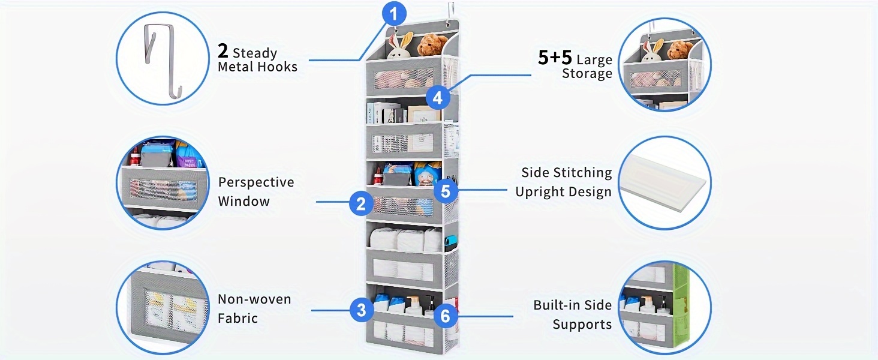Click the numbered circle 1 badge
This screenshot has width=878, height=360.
click(x=394, y=14)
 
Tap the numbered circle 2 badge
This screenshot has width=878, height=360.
click(x=361, y=203)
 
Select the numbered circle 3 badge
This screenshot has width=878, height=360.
click(x=361, y=310)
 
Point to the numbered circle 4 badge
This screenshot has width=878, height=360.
click(x=438, y=98)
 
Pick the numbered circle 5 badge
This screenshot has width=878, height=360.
click(x=446, y=191)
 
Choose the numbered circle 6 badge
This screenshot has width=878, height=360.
click(x=445, y=316)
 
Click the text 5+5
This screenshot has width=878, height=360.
click(x=555, y=57)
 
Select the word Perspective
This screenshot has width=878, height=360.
click(x=256, y=182)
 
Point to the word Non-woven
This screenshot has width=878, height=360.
click(x=254, y=299)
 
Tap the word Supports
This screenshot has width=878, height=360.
click(x=582, y=325)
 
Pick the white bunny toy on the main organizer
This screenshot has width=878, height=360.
click(x=400, y=46)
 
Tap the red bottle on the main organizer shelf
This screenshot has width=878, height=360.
click(x=377, y=176)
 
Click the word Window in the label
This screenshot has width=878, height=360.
click(x=244, y=202)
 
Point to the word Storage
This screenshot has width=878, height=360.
click(x=587, y=74)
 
